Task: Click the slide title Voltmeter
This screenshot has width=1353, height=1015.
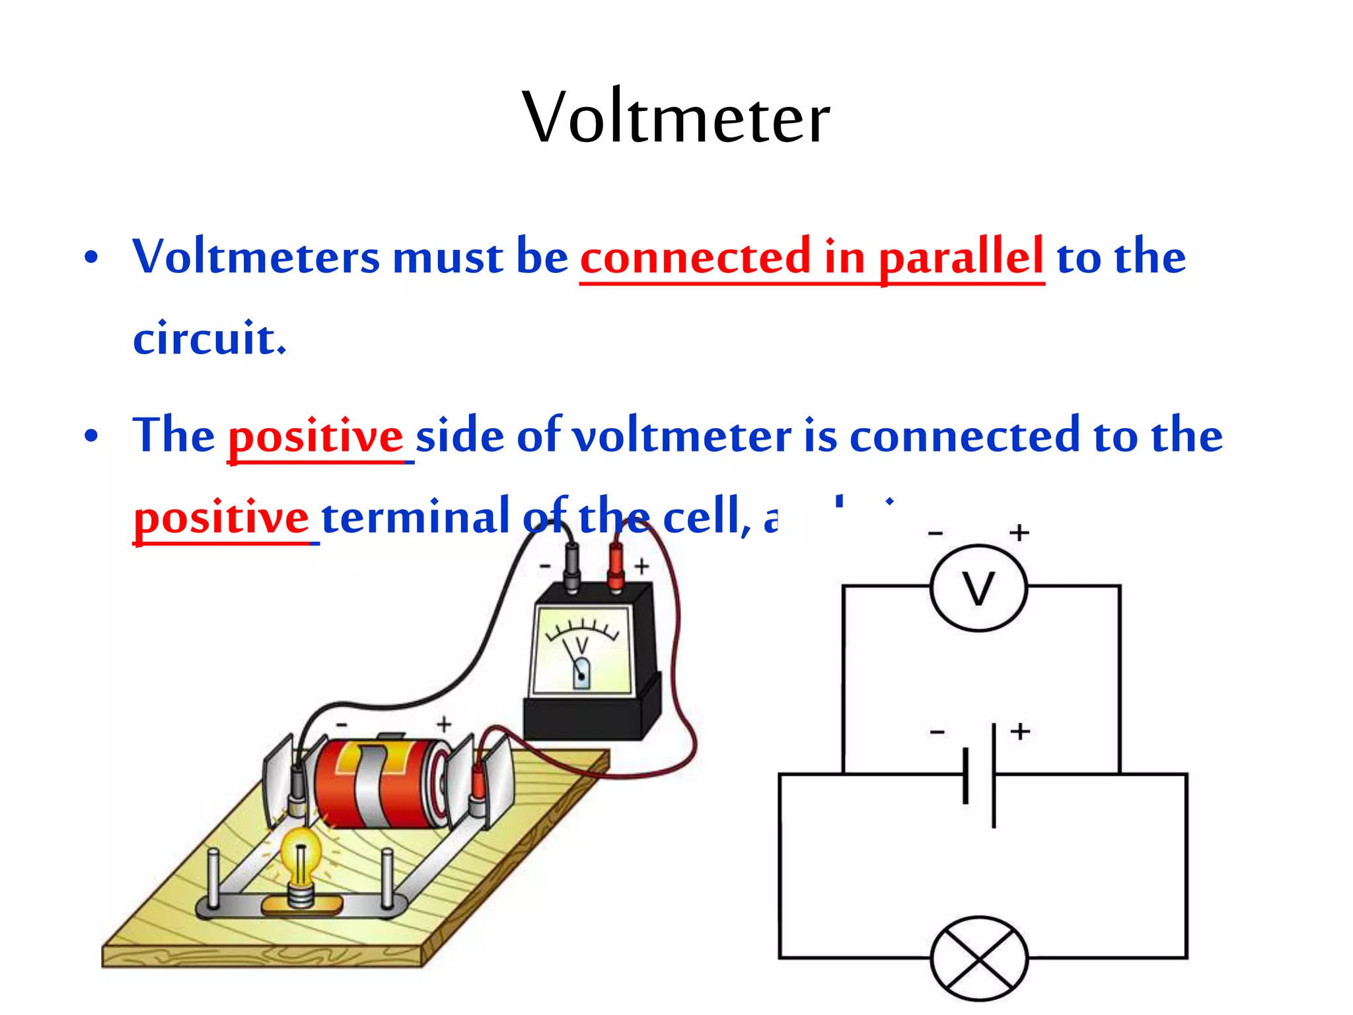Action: click(676, 118)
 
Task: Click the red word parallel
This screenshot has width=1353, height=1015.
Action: click(961, 257)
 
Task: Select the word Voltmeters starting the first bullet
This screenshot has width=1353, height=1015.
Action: click(256, 257)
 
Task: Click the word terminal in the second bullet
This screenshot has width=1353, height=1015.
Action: click(415, 517)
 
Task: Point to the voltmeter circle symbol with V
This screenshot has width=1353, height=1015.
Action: click(978, 587)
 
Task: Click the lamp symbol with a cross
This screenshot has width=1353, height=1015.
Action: click(979, 958)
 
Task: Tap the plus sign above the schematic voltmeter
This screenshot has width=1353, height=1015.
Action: click(1019, 533)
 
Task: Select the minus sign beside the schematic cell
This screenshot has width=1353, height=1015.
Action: click(937, 732)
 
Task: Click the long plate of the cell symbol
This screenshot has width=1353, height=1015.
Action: click(994, 774)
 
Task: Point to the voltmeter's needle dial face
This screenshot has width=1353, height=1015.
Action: click(582, 652)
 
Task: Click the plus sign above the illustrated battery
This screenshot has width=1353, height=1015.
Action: click(444, 724)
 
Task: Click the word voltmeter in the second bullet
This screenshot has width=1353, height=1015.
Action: click(681, 436)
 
